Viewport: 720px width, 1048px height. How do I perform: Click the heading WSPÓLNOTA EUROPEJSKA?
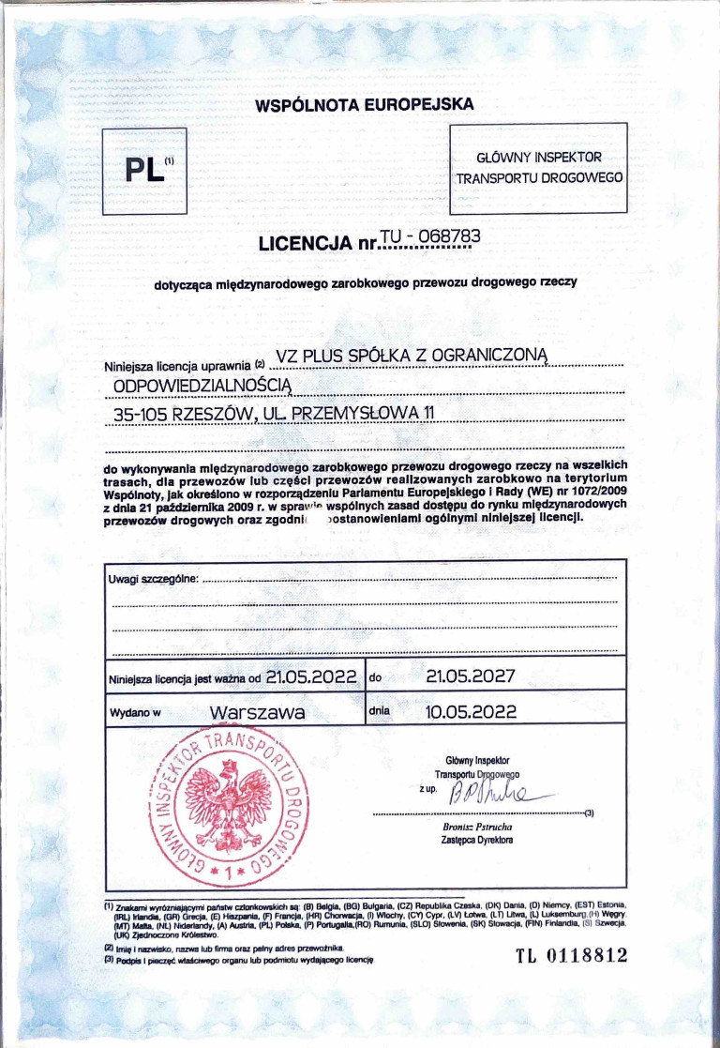click(x=365, y=105)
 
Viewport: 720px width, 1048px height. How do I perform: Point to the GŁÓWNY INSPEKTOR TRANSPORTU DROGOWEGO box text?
click(x=539, y=168)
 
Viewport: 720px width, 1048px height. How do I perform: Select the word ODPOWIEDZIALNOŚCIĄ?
click(x=203, y=386)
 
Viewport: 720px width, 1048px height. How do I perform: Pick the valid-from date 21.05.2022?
click(x=311, y=676)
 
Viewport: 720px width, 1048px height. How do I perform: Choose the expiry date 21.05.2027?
click(x=471, y=676)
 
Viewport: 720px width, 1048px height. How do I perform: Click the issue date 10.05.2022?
click(x=471, y=712)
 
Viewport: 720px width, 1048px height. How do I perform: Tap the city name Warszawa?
click(x=258, y=713)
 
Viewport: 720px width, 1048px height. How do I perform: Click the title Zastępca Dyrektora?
click(x=478, y=841)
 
